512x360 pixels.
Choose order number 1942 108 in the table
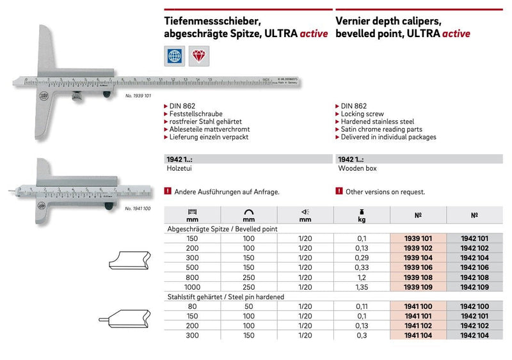(x=474, y=278)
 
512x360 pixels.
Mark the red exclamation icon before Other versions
(x=339, y=191)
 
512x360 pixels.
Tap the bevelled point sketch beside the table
(x=127, y=263)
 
